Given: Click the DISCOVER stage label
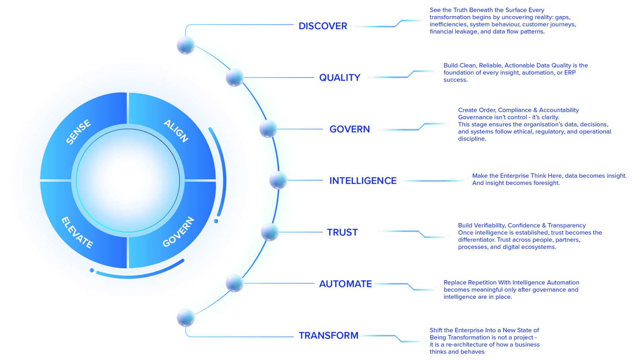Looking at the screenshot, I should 323,26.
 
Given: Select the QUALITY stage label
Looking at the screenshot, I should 340,77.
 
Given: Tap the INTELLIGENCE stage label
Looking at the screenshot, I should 363,181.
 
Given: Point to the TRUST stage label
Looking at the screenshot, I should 342,232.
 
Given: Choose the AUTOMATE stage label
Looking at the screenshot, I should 345,284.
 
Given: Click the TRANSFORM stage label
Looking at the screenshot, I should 329,336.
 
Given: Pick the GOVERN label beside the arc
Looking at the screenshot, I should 349,129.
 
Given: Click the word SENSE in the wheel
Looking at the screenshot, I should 78,132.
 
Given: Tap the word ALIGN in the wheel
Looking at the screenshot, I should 176,131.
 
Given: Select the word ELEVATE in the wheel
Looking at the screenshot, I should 77,232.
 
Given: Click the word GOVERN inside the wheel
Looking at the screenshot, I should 178,232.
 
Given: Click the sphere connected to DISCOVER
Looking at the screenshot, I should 186,45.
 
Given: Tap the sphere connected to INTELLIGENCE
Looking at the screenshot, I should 278,180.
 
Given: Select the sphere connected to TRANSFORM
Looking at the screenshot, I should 186,318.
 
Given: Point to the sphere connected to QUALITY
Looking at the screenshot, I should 235,77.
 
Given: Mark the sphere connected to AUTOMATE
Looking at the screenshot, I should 235,283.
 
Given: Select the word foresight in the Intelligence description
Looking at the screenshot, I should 545,183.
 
